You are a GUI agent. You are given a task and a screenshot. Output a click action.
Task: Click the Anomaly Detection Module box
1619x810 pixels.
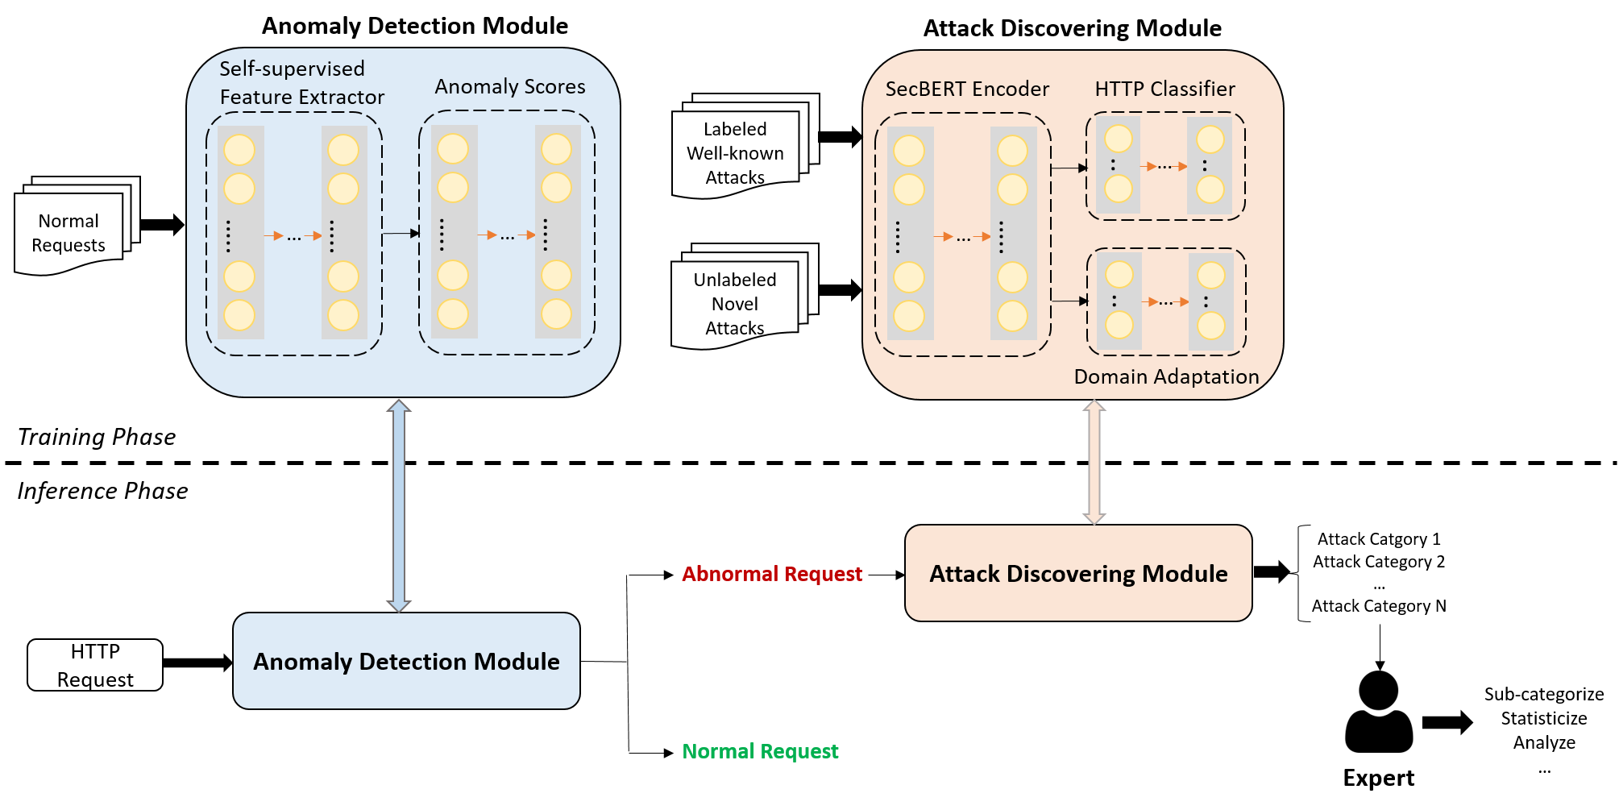pos(406,661)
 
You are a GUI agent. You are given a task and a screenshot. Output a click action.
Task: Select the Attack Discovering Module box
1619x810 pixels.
pos(1078,573)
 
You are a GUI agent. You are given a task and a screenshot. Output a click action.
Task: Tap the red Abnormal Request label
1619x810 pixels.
pos(771,574)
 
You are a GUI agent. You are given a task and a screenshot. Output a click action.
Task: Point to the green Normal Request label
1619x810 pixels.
pos(760,751)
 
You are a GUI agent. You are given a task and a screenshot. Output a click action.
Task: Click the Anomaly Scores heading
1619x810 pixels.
pos(510,86)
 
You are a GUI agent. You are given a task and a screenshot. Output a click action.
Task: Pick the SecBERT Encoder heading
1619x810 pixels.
pos(967,89)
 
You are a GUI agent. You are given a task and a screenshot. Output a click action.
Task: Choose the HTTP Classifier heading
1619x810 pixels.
pos(1164,89)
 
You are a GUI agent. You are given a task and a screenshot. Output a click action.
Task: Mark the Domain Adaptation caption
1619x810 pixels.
pos(1166,376)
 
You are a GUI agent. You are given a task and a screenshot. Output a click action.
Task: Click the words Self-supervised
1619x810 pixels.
pos(292,69)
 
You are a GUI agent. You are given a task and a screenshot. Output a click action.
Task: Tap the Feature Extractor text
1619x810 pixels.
pos(302,97)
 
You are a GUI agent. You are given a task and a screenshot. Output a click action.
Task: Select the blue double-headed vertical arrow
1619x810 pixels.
pos(399,505)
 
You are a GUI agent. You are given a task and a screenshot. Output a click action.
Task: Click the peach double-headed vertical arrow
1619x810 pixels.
pos(1094,462)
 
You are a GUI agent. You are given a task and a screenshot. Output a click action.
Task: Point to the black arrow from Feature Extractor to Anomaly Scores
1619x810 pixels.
pos(401,234)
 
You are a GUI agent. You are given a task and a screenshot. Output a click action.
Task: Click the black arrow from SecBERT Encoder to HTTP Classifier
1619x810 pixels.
pos(1069,168)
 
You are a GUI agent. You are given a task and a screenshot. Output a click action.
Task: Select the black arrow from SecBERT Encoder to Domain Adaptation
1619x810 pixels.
pos(1069,301)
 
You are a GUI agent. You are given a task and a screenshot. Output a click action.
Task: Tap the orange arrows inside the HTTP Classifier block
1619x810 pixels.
pos(1164,166)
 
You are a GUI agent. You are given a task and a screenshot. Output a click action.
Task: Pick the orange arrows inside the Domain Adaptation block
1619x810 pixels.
pos(1165,301)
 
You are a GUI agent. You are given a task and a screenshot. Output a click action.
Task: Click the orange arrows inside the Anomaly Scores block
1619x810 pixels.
pos(507,235)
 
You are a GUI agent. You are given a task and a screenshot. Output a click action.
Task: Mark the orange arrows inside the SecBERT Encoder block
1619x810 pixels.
pos(962,237)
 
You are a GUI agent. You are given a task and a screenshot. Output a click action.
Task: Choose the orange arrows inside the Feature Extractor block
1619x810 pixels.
pos(293,236)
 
